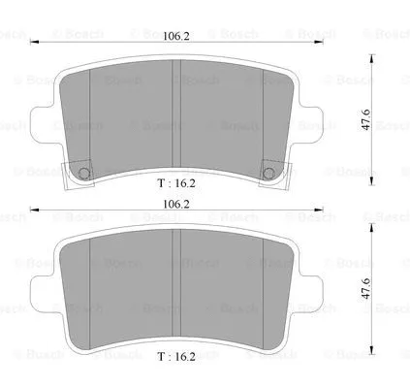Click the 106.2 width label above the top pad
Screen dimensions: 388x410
tap(175, 37)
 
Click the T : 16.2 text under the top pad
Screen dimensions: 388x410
tap(176, 180)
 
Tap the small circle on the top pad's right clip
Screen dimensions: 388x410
tap(268, 174)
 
